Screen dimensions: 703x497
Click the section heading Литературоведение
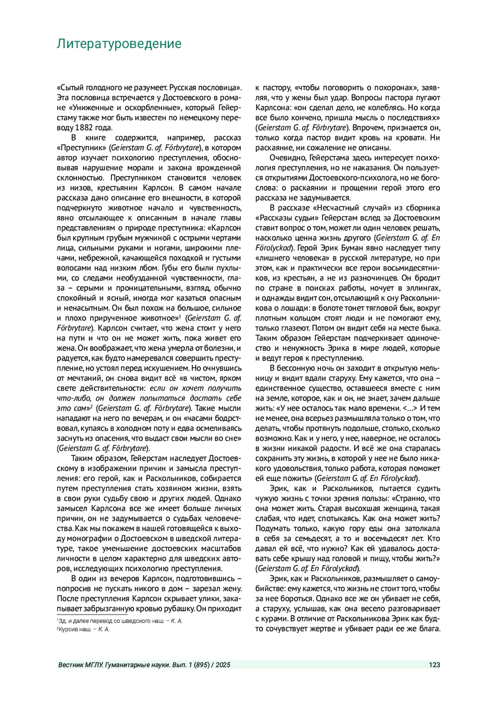[x=119, y=44]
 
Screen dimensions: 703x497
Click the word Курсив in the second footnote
[x=66, y=629]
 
